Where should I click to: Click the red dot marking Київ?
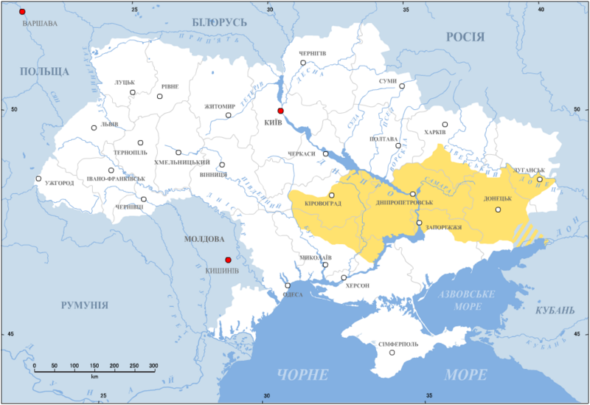280,111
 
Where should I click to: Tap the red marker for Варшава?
22,12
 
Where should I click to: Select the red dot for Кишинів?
228,260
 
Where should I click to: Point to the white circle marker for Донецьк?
498,210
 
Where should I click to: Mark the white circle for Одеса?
288,285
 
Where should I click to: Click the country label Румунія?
85,305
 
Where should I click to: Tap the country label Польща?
45,72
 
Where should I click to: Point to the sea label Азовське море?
467,300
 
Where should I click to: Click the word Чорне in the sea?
302,374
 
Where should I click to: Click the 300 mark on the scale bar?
153,366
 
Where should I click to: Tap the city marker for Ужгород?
38,179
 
